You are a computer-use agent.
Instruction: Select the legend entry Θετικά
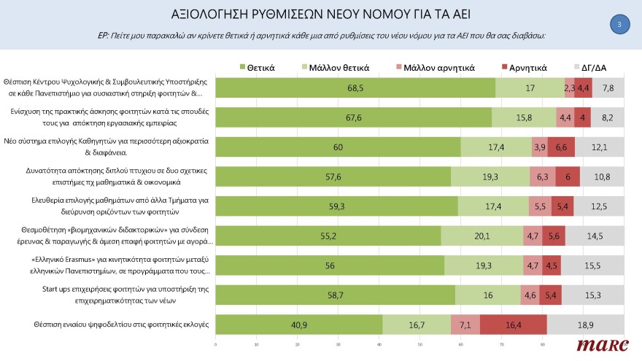point(257,68)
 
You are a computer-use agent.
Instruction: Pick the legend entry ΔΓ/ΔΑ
point(589,68)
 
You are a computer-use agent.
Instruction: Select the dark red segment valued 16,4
point(514,325)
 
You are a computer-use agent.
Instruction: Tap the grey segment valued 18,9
point(585,325)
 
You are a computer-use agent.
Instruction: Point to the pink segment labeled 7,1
point(465,325)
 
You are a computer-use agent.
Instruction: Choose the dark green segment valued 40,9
point(299,325)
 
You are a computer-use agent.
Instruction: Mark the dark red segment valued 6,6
point(561,147)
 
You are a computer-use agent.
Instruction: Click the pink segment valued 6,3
point(542,176)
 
